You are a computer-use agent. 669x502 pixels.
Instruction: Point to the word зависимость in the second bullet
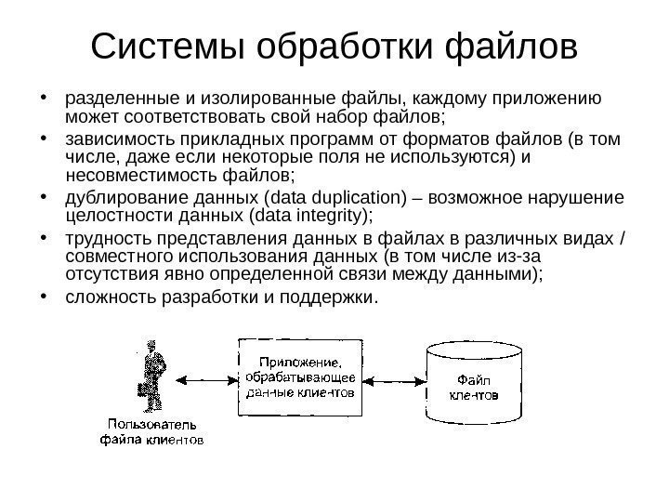[x=109, y=139]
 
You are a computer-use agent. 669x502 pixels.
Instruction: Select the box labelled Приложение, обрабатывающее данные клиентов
[x=299, y=376]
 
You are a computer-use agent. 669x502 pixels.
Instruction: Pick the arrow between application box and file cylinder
[x=392, y=378]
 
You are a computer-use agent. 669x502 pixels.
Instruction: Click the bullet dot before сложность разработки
[x=44, y=297]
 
